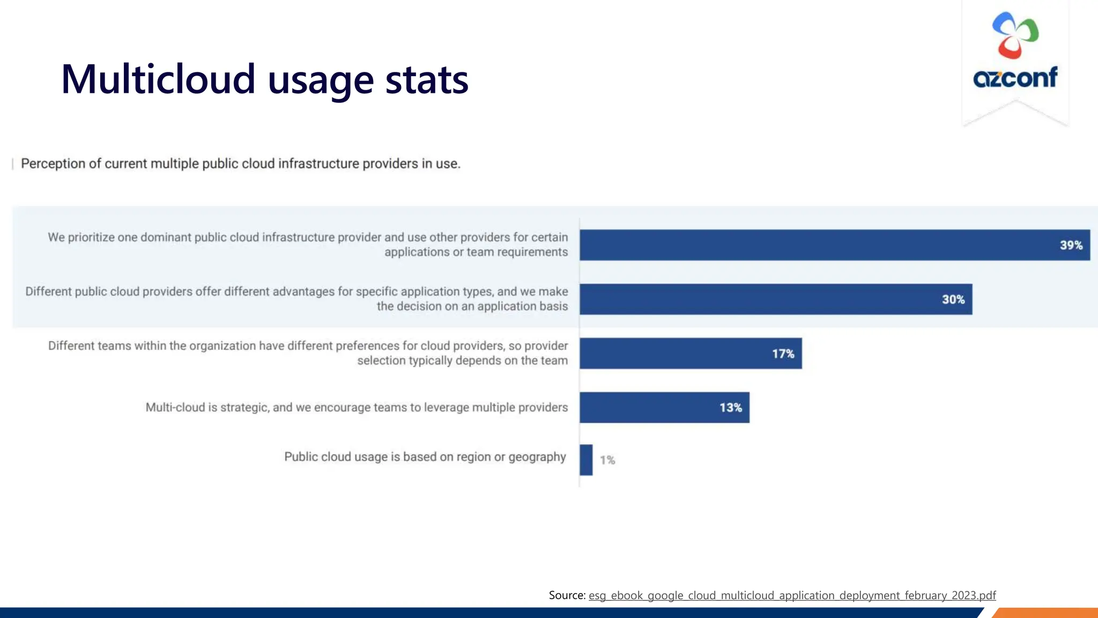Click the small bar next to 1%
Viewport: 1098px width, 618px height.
(x=586, y=460)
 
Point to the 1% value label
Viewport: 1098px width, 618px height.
(x=607, y=460)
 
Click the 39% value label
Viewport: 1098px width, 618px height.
(x=1071, y=245)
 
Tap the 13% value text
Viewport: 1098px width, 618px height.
(x=730, y=408)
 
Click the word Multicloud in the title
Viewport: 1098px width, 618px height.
(x=158, y=79)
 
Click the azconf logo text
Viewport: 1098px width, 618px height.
(x=1015, y=78)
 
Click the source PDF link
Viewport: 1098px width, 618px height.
(x=792, y=595)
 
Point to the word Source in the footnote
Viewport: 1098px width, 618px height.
(x=566, y=595)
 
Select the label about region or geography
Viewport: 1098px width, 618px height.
(x=425, y=457)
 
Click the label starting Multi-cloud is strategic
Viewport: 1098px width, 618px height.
(x=357, y=407)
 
